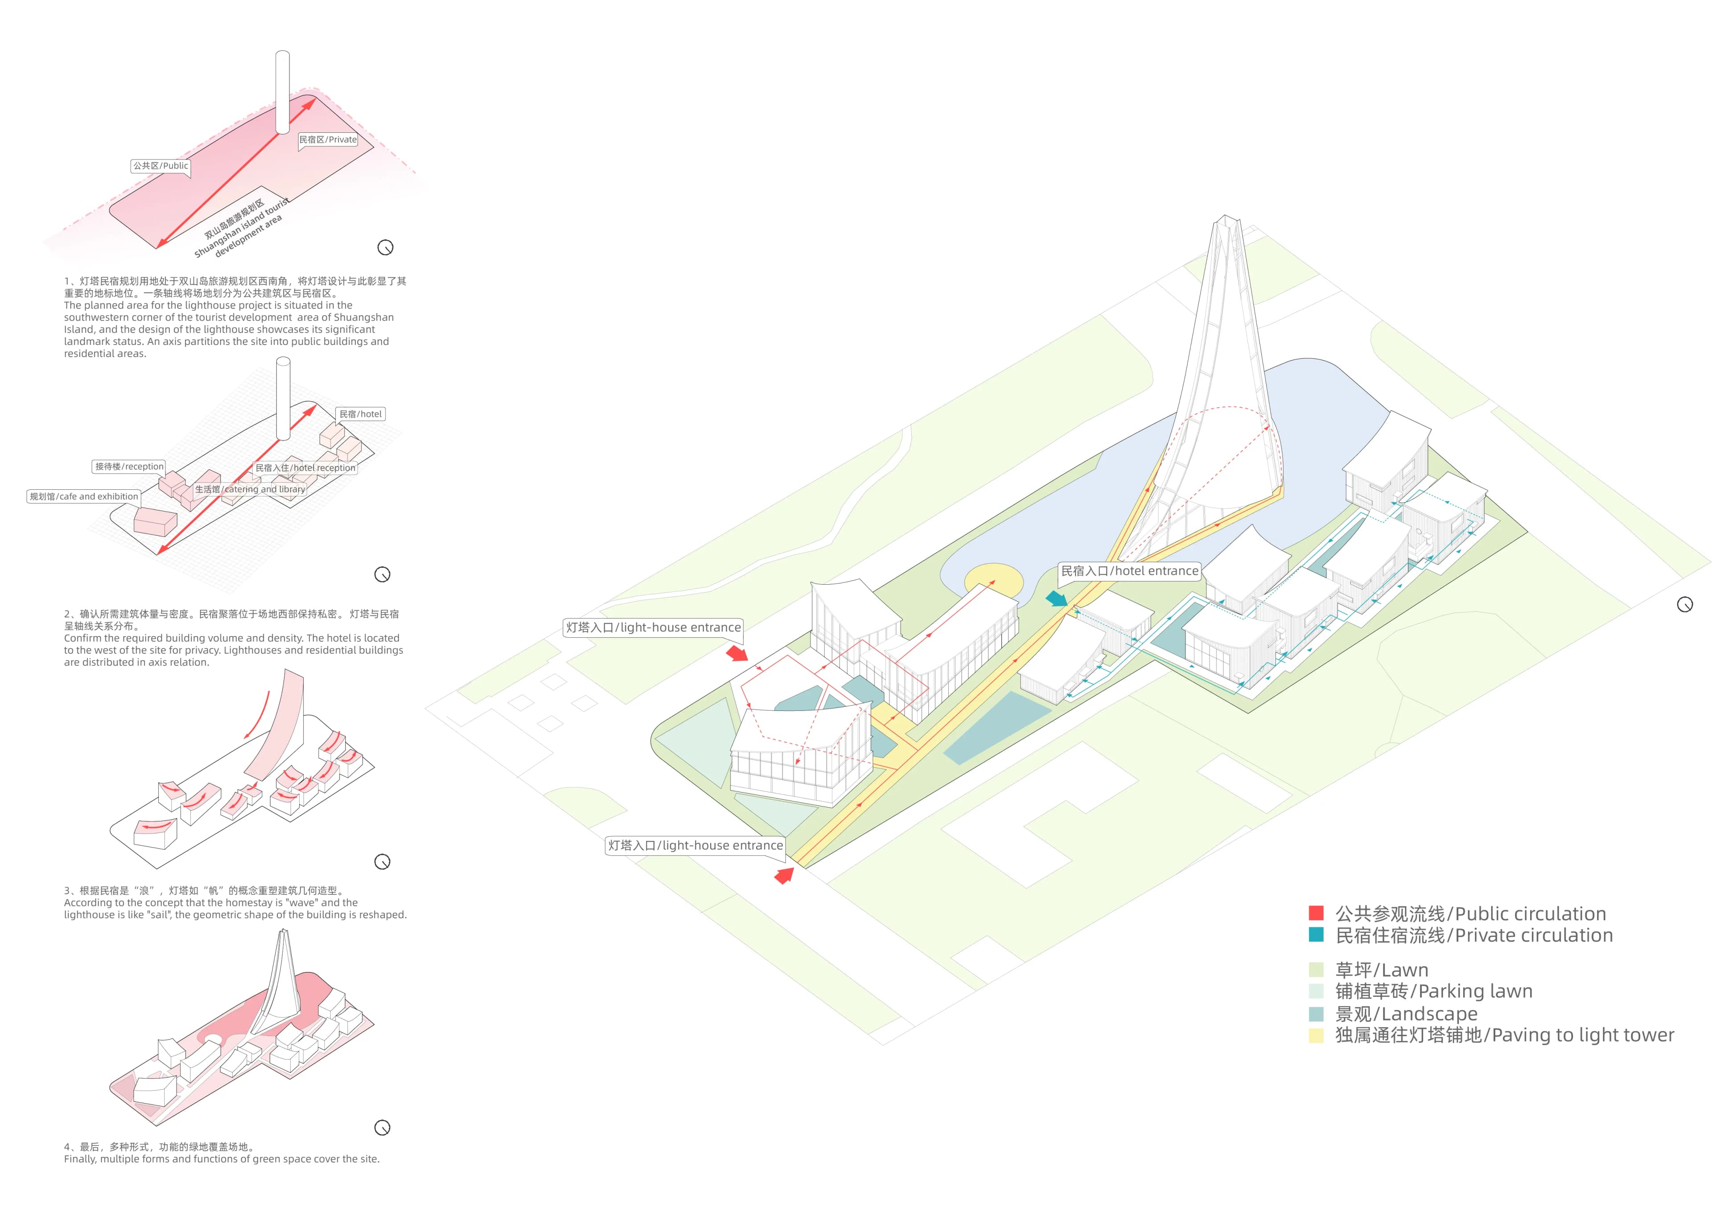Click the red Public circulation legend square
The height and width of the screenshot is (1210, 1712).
tap(1316, 913)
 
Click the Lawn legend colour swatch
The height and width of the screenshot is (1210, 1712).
tap(1316, 969)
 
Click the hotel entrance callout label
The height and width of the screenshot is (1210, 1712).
tap(1130, 571)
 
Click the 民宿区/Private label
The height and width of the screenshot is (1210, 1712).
tap(328, 139)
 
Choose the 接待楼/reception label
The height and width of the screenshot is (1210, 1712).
tap(129, 467)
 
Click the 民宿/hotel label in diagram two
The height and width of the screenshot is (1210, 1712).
tap(361, 414)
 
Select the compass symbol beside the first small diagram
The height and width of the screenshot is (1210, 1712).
tap(386, 247)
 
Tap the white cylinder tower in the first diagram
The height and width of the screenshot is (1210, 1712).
tap(283, 92)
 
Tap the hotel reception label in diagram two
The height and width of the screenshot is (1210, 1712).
tap(306, 468)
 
